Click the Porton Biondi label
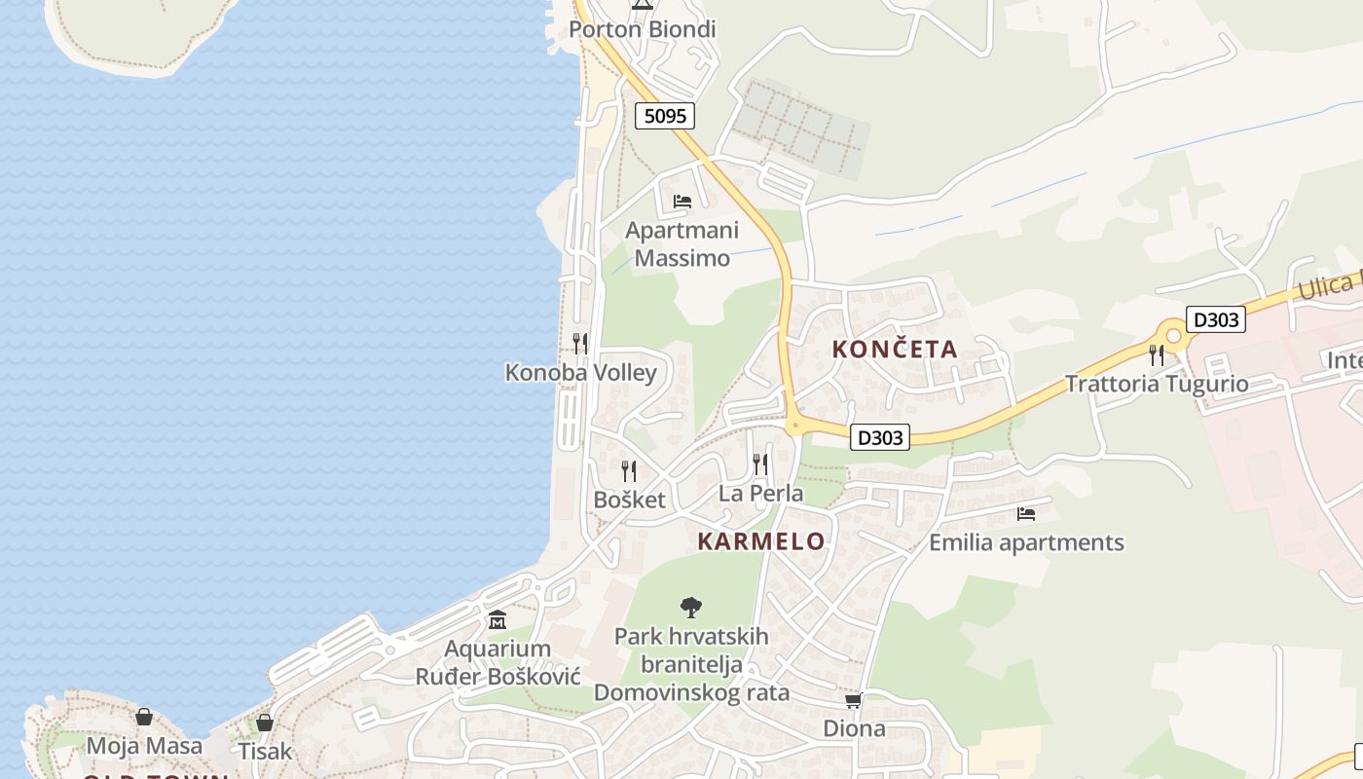pos(642,29)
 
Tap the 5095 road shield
pos(665,116)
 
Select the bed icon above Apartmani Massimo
pos(681,202)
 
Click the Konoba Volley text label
pos(580,373)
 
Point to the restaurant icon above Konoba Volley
pos(580,343)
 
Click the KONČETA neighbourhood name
pos(895,350)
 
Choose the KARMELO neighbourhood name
pos(760,541)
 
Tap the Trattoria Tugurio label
pos(1156,384)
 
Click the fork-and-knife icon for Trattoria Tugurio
pos(1156,354)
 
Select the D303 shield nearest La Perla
pos(880,438)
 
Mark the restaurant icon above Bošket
pos(629,471)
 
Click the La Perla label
pos(760,494)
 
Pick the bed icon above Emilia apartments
pos(1025,513)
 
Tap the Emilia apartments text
pos(1026,542)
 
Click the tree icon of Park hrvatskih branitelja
pos(691,608)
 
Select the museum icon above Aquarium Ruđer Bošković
pos(497,620)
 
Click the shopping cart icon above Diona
pos(854,700)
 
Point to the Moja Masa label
pos(144,747)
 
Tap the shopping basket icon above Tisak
pos(264,723)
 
